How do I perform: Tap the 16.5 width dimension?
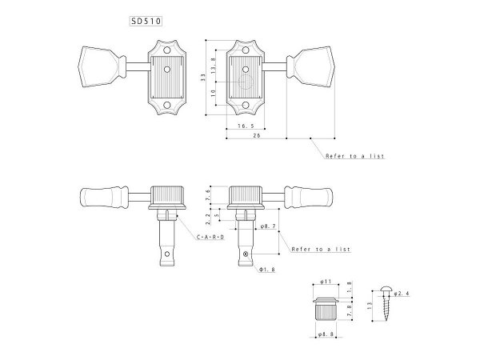click(246, 126)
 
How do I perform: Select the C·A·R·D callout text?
click(210, 238)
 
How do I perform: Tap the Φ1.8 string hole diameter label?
click(268, 270)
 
